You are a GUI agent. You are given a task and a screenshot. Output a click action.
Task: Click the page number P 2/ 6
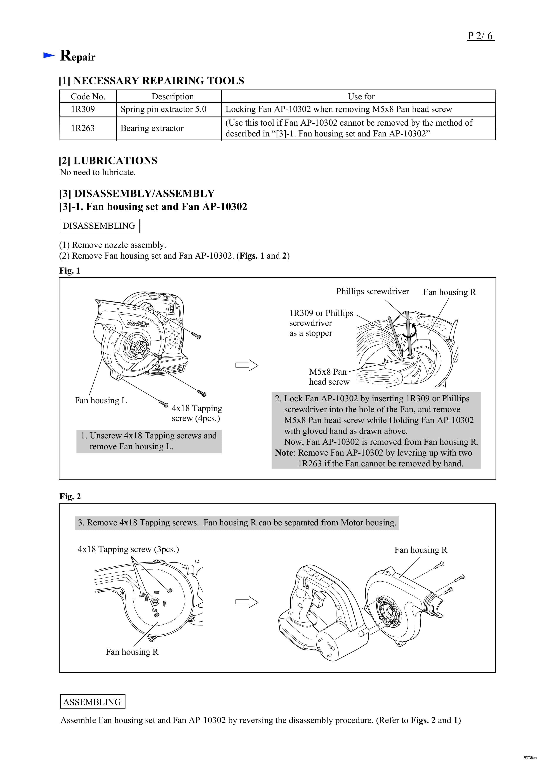point(480,36)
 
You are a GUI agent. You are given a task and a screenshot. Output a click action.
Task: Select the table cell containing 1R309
point(83,109)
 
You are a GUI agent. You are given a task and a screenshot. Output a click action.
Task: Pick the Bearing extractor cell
point(152,128)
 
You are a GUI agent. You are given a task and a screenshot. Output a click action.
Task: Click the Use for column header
point(361,97)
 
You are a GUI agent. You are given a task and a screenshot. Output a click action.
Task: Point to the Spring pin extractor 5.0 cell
point(163,109)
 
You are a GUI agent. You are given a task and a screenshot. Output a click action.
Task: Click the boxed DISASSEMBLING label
point(99,226)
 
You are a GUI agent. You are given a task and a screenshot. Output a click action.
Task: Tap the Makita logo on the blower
point(138,323)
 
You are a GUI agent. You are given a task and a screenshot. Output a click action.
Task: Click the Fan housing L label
point(101,400)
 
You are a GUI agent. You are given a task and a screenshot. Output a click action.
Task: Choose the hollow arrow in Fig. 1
point(247,365)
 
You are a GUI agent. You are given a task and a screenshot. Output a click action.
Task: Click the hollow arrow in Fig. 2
point(247,602)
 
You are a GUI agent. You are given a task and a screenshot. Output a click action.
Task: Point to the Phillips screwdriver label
point(372,291)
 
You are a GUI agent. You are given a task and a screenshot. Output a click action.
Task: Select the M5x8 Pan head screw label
point(329,377)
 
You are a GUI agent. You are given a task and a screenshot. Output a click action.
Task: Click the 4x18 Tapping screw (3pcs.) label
point(128,549)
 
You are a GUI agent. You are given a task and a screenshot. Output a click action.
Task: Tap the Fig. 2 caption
point(70,496)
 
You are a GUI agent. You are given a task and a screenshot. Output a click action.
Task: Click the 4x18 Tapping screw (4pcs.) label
point(197,413)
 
